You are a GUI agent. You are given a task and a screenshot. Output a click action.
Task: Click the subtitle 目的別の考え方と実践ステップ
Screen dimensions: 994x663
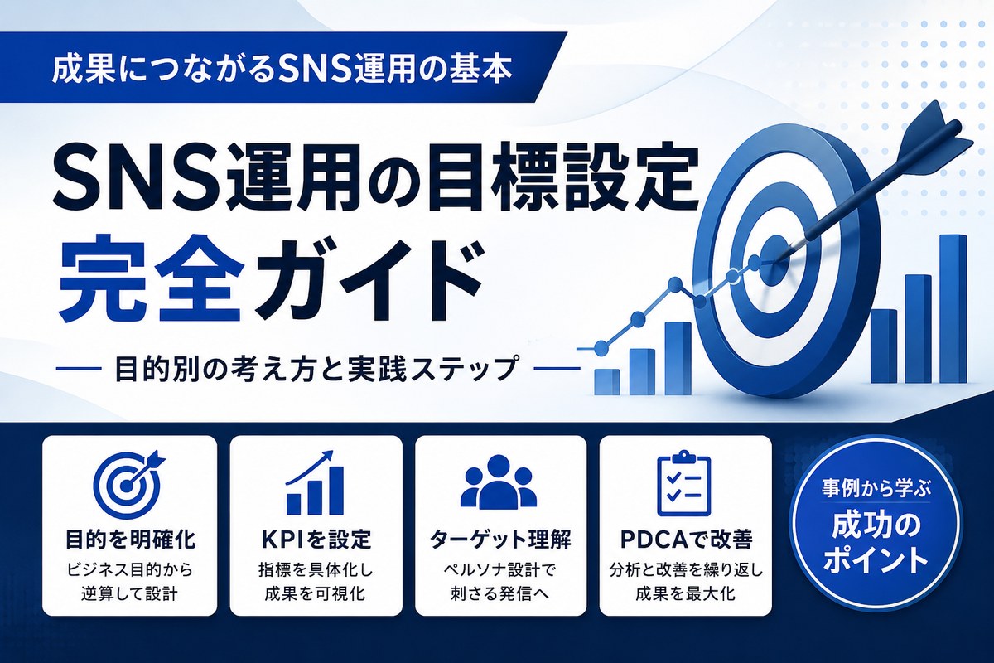tap(316, 368)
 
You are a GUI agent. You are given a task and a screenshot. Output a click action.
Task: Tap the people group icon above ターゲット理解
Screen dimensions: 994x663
tap(499, 481)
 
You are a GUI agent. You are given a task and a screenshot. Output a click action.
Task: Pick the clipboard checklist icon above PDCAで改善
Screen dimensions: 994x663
tap(683, 484)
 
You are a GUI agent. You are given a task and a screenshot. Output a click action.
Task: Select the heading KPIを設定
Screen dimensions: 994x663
tap(315, 540)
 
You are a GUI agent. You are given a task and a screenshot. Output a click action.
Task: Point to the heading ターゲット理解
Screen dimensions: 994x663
tap(500, 540)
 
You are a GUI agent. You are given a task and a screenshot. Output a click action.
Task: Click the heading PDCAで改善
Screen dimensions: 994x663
tap(686, 540)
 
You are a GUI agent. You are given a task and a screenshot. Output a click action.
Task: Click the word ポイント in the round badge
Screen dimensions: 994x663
tap(876, 561)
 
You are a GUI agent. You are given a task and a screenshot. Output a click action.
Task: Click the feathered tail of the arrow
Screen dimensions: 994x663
tap(932, 133)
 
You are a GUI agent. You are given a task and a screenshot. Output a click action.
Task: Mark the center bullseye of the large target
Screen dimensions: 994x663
tap(774, 259)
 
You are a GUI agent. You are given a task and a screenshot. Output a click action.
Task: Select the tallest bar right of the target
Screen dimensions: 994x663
tap(953, 308)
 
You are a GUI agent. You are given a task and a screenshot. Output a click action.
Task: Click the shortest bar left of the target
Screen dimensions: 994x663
tap(606, 381)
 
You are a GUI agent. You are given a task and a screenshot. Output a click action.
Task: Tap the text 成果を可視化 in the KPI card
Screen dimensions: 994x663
tap(315, 593)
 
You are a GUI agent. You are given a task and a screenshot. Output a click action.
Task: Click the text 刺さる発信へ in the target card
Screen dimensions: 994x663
tap(500, 593)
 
